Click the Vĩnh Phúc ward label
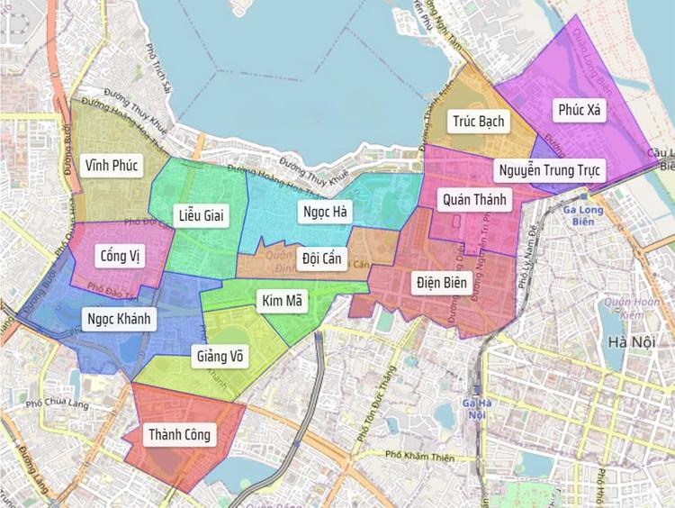click(x=112, y=166)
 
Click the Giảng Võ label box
click(x=220, y=356)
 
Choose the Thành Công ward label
click(x=180, y=435)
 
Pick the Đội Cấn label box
click(x=322, y=259)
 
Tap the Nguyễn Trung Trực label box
click(x=551, y=169)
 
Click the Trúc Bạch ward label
click(x=479, y=121)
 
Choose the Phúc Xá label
click(x=582, y=111)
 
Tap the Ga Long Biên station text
click(x=583, y=217)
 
